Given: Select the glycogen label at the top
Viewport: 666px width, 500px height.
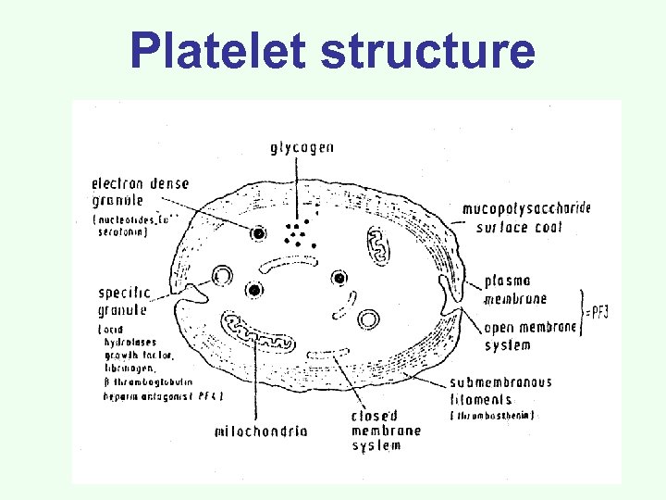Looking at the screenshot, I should tap(302, 147).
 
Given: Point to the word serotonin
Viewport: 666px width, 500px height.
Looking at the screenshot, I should tap(121, 232).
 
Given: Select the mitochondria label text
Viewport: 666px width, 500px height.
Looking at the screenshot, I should tap(261, 431).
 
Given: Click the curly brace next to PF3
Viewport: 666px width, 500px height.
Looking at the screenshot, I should tap(583, 310).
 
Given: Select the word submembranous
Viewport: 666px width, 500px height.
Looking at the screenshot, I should tap(500, 382).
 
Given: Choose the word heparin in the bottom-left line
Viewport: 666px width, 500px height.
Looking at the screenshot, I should tap(120, 395).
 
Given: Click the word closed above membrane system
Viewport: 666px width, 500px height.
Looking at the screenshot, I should tap(374, 416).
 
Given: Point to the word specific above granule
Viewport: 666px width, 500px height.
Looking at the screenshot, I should tap(124, 294).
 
